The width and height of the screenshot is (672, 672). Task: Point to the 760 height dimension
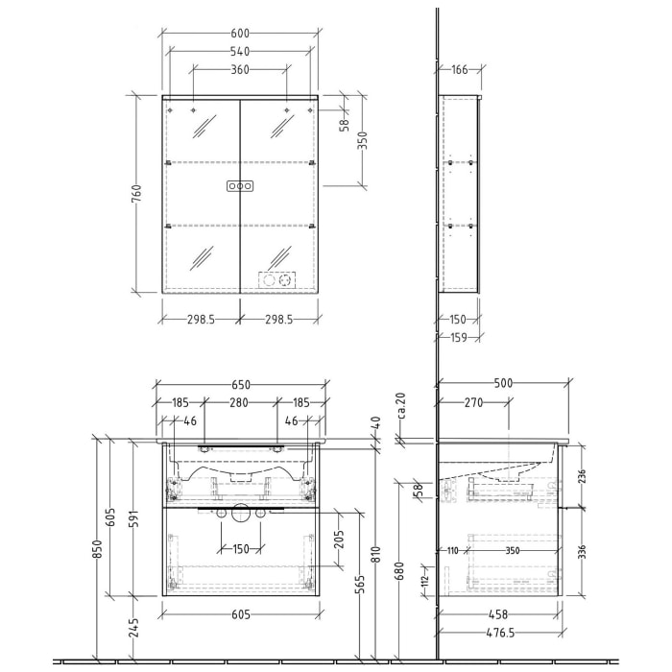click(137, 196)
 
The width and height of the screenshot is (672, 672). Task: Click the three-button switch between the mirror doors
click(240, 185)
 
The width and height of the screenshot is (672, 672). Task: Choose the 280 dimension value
click(239, 403)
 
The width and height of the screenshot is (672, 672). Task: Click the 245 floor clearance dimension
click(137, 628)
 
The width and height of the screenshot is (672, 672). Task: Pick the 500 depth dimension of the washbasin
click(502, 382)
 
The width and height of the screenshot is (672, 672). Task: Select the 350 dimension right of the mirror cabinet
click(362, 142)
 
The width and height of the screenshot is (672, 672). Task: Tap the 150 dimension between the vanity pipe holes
click(239, 548)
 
